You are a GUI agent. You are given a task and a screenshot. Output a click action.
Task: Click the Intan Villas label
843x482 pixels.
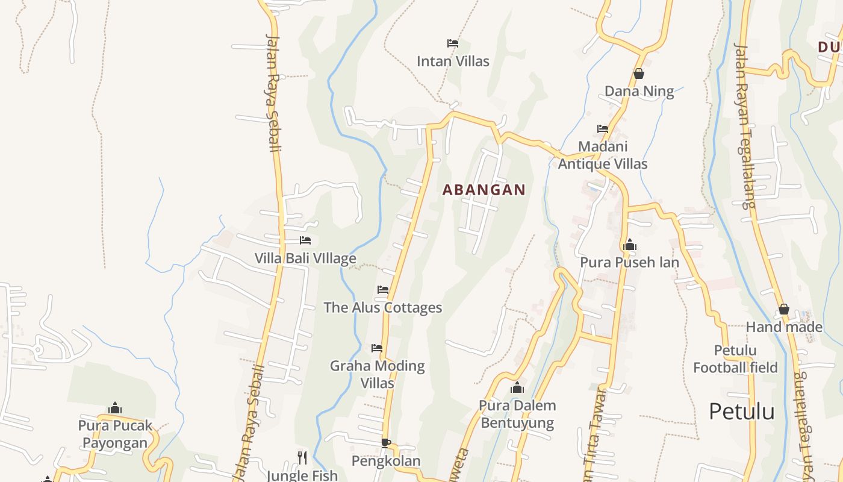pyautogui.click(x=453, y=61)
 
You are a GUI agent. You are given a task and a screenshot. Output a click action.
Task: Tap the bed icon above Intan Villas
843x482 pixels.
pyautogui.click(x=453, y=43)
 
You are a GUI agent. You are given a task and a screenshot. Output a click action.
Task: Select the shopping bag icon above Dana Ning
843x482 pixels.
pyautogui.click(x=639, y=74)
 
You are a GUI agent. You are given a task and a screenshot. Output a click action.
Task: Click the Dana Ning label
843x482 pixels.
pyautogui.click(x=639, y=91)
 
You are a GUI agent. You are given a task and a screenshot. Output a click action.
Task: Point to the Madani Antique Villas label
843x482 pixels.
pyautogui.click(x=602, y=155)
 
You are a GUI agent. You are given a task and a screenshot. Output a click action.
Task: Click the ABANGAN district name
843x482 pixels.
pyautogui.click(x=484, y=190)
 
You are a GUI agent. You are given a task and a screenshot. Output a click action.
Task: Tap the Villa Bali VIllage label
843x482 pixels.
pyautogui.click(x=305, y=258)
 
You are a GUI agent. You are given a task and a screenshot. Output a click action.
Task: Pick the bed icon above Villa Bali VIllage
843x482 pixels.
pyautogui.click(x=305, y=240)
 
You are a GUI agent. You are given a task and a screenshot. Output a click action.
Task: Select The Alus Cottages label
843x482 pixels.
pyautogui.click(x=383, y=307)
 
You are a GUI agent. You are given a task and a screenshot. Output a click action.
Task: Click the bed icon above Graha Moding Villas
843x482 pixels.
pyautogui.click(x=377, y=348)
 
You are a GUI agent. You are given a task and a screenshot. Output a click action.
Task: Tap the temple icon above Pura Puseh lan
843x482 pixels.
pyautogui.click(x=630, y=245)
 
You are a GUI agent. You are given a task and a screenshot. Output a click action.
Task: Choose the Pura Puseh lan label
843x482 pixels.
pyautogui.click(x=629, y=262)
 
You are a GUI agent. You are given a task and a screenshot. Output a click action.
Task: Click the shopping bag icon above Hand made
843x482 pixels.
pyautogui.click(x=783, y=309)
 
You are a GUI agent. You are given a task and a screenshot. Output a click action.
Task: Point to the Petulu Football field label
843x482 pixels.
pyautogui.click(x=735, y=358)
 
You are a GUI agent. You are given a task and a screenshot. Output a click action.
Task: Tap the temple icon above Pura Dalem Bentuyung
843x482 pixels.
pyautogui.click(x=517, y=387)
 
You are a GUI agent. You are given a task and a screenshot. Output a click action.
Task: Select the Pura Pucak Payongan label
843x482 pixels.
pyautogui.click(x=115, y=434)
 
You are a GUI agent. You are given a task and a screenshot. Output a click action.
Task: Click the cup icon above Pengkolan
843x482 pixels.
pyautogui.click(x=386, y=443)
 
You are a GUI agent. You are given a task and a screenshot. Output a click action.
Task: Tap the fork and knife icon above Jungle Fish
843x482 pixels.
pyautogui.click(x=302, y=458)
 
